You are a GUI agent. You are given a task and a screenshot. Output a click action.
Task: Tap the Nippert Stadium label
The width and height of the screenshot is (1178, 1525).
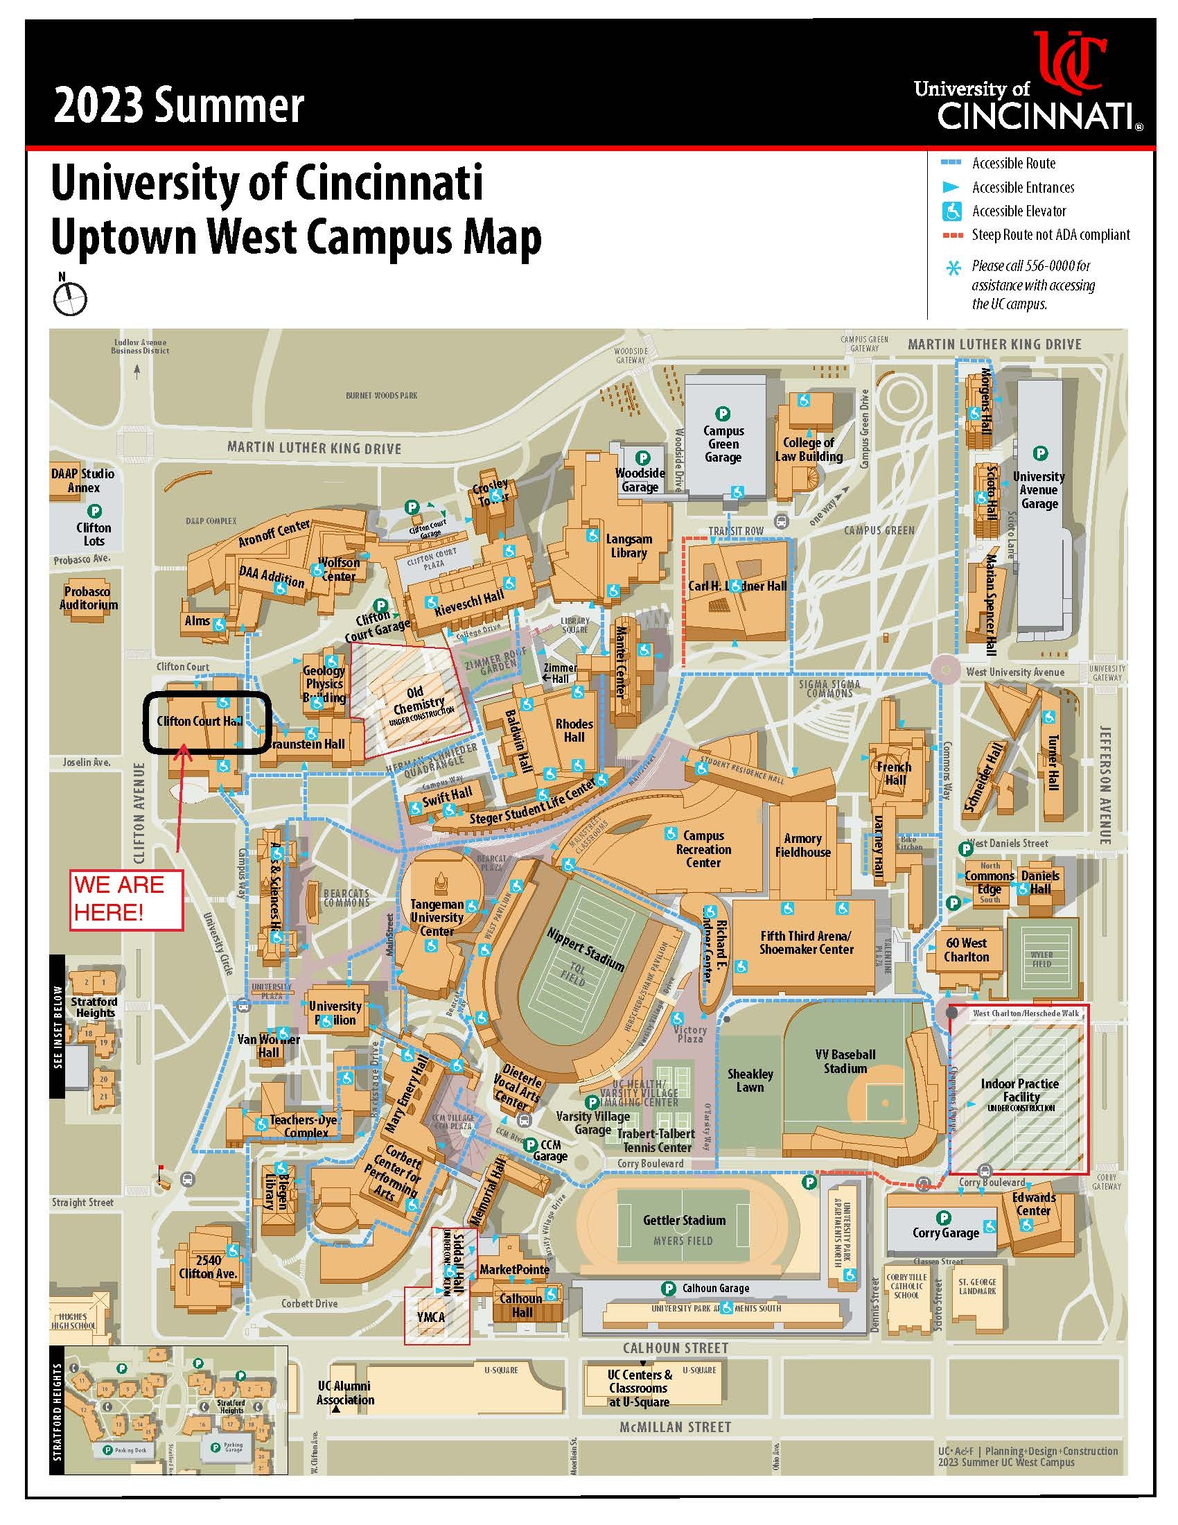click(x=584, y=950)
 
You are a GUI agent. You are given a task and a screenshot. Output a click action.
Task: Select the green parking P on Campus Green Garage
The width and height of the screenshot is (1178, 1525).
click(x=723, y=414)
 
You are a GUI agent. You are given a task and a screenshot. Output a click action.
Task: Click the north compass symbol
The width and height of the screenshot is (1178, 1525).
click(x=70, y=299)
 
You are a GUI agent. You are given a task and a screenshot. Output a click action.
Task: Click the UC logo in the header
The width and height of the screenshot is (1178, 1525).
click(x=1070, y=63)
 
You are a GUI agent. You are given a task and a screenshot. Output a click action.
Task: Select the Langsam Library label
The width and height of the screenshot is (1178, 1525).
click(x=628, y=546)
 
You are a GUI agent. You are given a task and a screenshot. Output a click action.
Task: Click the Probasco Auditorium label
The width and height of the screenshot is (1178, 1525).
click(x=88, y=598)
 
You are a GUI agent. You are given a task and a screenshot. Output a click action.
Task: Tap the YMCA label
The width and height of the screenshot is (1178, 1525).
click(x=430, y=1316)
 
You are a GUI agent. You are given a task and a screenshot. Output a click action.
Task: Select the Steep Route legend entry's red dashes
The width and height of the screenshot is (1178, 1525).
click(x=952, y=235)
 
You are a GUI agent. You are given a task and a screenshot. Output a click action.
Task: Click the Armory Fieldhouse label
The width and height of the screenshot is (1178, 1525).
click(x=802, y=845)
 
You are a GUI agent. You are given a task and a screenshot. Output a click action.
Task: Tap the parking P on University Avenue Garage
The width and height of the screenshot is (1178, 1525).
click(x=1040, y=453)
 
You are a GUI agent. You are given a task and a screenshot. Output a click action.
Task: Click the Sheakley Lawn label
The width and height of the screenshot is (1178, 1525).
click(x=750, y=1080)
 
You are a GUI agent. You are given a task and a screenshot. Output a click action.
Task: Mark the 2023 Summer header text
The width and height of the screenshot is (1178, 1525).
click(x=179, y=106)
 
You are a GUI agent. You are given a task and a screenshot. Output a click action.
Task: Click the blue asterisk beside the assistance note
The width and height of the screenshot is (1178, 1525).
click(x=953, y=268)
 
